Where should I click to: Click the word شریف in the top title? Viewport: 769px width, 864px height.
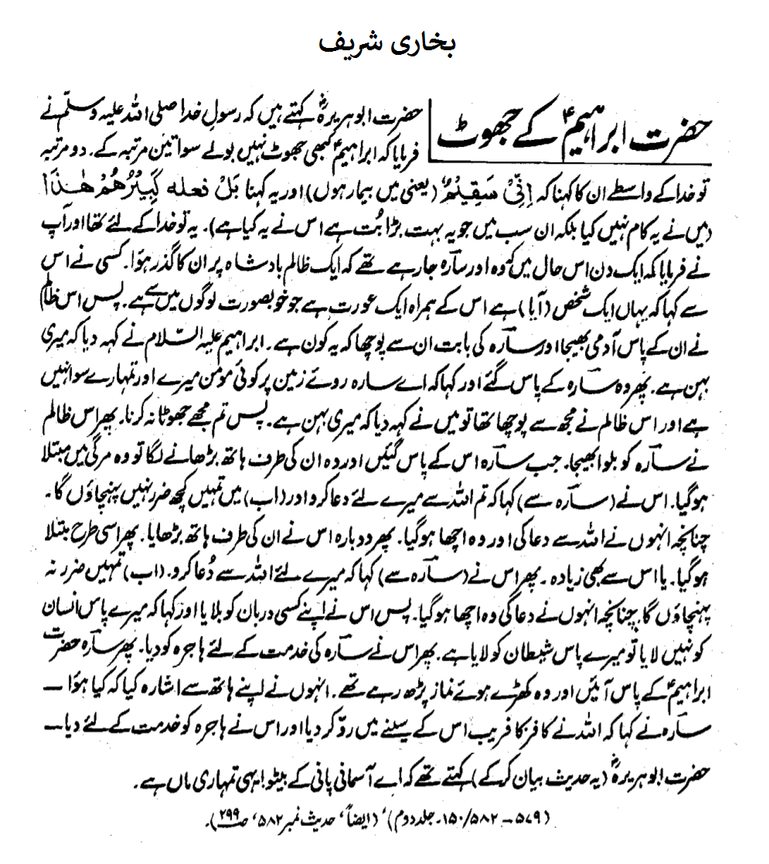(349, 43)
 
